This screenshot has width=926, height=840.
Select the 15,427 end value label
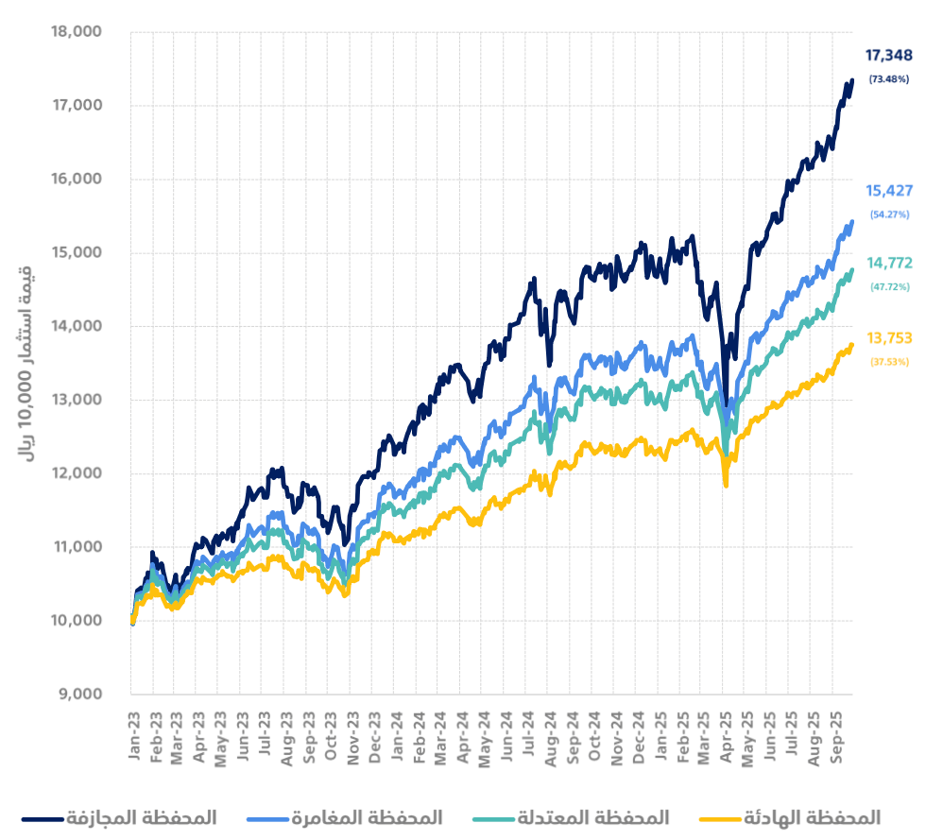[888, 191]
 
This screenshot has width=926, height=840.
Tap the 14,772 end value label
[888, 264]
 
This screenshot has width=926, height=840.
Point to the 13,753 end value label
[888, 338]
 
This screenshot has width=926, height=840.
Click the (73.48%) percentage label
[888, 79]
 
